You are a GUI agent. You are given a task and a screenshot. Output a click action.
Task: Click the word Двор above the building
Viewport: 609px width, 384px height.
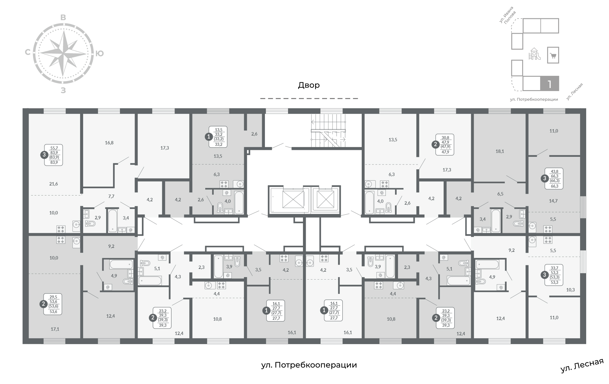point(309,85)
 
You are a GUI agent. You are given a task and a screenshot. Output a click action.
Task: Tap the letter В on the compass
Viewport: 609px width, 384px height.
point(63,17)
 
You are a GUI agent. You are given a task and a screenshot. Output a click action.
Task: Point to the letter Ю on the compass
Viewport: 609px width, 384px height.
point(100,54)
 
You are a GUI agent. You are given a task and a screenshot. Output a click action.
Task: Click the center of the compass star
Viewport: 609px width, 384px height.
point(63,53)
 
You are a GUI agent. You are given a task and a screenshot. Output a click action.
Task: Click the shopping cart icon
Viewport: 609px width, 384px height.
point(553,55)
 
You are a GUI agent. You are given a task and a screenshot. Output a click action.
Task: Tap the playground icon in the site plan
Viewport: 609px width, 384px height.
point(534,54)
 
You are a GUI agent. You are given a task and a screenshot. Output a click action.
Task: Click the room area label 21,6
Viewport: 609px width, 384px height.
point(53,184)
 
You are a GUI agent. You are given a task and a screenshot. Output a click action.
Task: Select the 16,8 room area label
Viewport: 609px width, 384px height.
point(109,143)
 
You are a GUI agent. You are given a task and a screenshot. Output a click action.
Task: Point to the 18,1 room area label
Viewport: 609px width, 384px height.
point(500,151)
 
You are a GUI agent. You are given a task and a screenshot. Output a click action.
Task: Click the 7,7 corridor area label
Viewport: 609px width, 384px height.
point(111,196)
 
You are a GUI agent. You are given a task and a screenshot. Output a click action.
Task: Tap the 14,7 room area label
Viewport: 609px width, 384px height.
point(553,201)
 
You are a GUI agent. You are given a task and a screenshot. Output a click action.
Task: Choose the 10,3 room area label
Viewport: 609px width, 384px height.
point(570,290)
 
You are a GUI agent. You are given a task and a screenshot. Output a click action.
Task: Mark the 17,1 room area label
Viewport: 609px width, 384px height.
point(55,329)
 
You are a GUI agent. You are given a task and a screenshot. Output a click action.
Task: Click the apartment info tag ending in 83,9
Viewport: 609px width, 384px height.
point(54,155)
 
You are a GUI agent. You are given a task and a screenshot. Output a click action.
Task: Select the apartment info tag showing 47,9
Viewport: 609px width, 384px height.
point(445,145)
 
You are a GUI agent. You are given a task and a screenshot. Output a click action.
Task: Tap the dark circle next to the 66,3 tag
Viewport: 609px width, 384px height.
point(545,178)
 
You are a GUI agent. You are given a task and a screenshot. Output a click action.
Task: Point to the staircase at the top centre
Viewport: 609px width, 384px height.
point(328,131)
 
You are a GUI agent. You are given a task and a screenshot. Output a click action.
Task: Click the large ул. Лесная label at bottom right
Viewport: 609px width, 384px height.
point(582,365)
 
